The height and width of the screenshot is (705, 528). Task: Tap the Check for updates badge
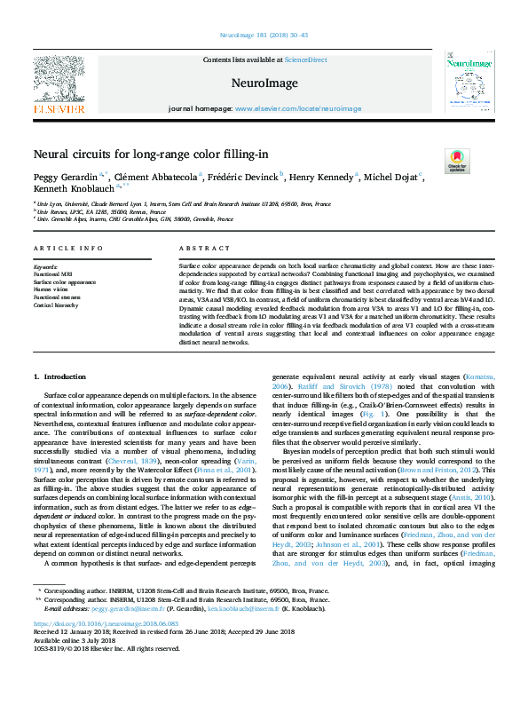[457, 161]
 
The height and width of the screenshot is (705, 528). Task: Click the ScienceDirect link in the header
[305, 59]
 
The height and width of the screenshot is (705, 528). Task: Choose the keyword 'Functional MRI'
[54, 273]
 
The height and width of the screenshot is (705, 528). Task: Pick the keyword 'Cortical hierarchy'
[56, 305]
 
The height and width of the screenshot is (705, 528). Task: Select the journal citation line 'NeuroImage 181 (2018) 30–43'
[264, 36]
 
